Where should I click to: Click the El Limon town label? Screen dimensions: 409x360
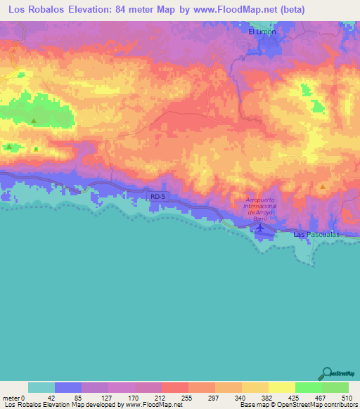pyautogui.click(x=262, y=32)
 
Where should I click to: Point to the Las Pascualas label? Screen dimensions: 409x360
pyautogui.click(x=316, y=234)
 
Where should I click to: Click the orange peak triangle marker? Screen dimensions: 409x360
pyautogui.click(x=322, y=187)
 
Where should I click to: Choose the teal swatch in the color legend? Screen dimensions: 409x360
pyautogui.click(x=41, y=387)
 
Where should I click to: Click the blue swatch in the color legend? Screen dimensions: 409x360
pyautogui.click(x=67, y=387)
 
